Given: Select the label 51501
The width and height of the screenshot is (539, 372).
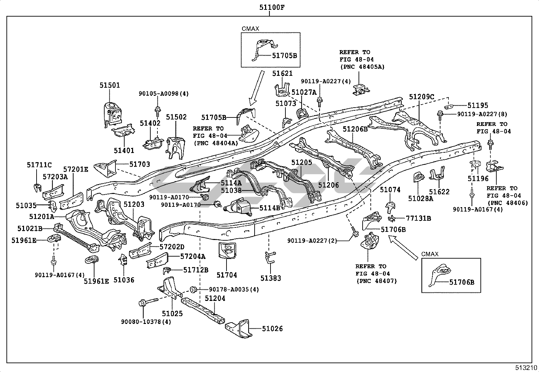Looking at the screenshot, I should (110, 85).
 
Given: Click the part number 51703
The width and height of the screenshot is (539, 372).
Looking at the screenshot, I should (140, 164).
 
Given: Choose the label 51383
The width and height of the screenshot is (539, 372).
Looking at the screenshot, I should (271, 278).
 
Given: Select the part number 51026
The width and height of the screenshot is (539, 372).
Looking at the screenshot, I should (272, 329).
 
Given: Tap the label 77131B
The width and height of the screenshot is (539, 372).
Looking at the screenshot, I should (418, 218).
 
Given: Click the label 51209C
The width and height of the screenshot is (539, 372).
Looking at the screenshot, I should (421, 97).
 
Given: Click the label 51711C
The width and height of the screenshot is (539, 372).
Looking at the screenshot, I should (39, 165).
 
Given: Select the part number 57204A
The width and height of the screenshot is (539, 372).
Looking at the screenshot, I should (193, 257).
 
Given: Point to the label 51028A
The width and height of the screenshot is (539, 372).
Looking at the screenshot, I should (421, 199).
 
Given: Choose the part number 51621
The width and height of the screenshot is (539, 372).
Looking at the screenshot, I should (282, 73).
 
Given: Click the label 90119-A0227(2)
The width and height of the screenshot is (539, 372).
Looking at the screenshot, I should (312, 241).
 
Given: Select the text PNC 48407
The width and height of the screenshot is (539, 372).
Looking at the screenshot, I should (376, 281).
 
